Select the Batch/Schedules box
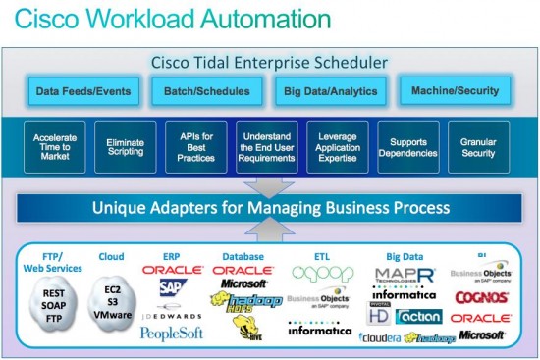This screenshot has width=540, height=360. (x=200, y=91)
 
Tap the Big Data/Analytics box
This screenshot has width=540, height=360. (x=328, y=91)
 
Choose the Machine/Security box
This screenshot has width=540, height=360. (x=455, y=91)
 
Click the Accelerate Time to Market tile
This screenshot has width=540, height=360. (x=55, y=147)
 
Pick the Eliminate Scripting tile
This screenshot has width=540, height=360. (x=125, y=147)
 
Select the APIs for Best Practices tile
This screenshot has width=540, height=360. (x=196, y=147)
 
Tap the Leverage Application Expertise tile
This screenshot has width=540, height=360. (x=338, y=147)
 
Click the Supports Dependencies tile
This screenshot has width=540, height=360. (x=408, y=147)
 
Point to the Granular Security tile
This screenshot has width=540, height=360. (x=479, y=147)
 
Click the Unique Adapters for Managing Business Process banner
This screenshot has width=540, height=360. (x=270, y=208)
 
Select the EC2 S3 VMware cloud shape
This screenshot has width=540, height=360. (x=110, y=303)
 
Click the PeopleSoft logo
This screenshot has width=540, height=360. (x=171, y=334)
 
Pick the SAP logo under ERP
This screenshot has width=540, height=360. (x=173, y=287)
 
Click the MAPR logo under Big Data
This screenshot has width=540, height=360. (x=404, y=274)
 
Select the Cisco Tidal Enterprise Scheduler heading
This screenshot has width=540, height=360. (x=269, y=62)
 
